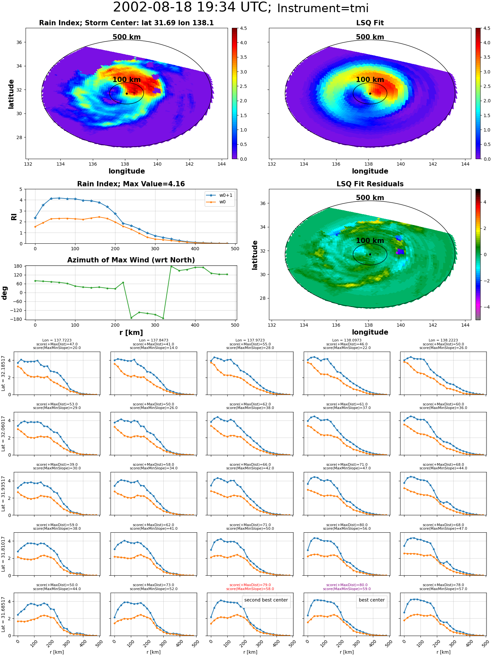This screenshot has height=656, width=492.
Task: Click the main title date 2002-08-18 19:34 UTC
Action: coord(192,7)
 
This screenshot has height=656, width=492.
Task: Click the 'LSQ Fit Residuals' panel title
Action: coord(370,184)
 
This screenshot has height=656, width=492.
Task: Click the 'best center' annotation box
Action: coord(372,600)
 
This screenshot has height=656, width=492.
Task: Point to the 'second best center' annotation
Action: coord(266,600)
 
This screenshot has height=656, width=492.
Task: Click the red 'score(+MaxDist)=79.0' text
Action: coord(250,585)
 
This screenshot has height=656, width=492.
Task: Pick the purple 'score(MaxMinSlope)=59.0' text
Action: coord(347,589)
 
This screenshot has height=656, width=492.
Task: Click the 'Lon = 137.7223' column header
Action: coord(57,340)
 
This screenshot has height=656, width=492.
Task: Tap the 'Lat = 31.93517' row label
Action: coord(3,493)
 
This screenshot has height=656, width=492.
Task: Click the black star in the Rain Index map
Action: coord(127,93)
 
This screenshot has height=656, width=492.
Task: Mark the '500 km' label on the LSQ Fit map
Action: coord(370,37)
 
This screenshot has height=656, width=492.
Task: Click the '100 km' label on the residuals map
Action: coord(370,240)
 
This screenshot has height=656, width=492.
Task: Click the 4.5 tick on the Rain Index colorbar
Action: coord(243,28)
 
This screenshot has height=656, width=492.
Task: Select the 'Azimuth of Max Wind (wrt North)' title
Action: coord(131,260)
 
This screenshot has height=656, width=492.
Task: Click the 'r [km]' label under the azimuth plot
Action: coord(131,333)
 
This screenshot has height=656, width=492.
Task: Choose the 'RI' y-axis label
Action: coord(14,216)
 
